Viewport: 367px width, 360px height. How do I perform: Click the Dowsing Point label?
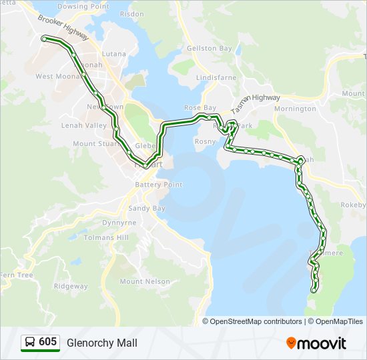click(x=83, y=6)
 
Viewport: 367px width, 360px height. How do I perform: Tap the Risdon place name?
click(x=131, y=13)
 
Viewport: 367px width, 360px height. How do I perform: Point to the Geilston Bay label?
click(x=210, y=49)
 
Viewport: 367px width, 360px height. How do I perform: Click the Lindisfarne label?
click(x=216, y=77)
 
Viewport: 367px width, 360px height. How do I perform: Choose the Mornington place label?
click(x=295, y=108)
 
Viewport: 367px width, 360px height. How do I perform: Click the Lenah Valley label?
click(x=84, y=125)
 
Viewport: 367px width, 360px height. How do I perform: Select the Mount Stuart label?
click(x=93, y=143)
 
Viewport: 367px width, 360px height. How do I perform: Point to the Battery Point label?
click(x=158, y=185)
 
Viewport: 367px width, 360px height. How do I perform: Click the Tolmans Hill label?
click(x=106, y=237)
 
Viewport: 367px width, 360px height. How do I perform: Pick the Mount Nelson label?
click(x=145, y=281)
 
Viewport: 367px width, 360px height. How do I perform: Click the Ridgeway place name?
click(x=71, y=286)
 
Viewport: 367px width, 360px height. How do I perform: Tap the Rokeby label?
click(x=354, y=205)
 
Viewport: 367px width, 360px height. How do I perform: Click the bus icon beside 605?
click(x=30, y=342)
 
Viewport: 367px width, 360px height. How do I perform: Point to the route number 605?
click(x=47, y=342)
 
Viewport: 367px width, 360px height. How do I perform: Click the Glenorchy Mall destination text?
click(x=102, y=343)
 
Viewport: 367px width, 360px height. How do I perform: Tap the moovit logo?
click(x=316, y=343)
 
